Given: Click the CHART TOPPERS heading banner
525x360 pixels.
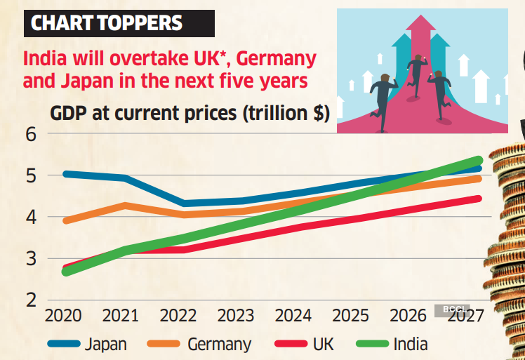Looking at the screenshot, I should tap(107, 23).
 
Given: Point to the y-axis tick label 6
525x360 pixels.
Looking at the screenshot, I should tap(31, 133).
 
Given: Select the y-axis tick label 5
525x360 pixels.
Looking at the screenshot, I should tap(31, 175).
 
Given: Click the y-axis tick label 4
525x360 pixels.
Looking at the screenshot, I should tap(31, 217).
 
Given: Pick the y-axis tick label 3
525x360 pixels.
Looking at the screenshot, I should tap(31, 258).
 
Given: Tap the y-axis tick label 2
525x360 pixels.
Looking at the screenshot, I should tap(31, 300).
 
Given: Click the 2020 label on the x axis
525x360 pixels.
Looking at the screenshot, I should tap(64, 316).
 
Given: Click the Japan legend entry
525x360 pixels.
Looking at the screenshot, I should tap(105, 344).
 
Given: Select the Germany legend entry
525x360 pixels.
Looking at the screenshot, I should tap(219, 344).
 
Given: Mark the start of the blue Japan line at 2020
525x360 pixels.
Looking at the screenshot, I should tap(65, 173).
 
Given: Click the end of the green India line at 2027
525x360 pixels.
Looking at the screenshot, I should tap(479, 161).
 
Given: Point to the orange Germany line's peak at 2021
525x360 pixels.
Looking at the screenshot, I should tap(125, 206).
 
